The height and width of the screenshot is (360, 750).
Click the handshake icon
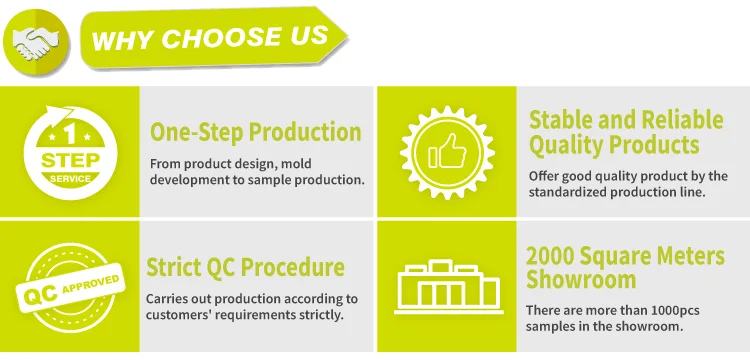coord(38,41)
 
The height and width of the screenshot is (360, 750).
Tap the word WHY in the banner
coord(122,41)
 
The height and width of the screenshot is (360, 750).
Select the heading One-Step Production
coord(255,132)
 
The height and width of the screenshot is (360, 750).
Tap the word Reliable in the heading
coord(681,121)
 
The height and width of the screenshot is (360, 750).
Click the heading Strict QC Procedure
coord(245,268)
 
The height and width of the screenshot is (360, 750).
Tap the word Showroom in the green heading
coord(581,280)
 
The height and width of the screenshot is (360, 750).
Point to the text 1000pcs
coord(681,311)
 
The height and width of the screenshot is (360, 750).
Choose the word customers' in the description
coord(186,316)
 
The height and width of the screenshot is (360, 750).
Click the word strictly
coord(319,316)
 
